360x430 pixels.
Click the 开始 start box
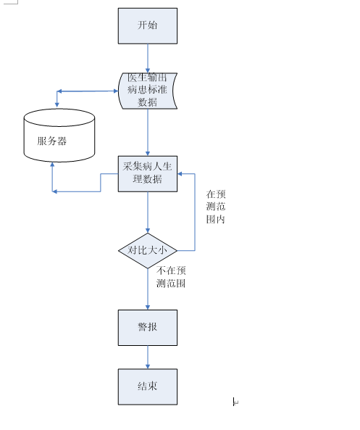tap(147, 26)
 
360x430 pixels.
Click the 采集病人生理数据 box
tap(147, 173)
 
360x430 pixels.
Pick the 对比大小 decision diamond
tap(147, 250)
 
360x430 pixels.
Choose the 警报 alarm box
tap(147, 327)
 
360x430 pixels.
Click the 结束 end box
tap(147, 386)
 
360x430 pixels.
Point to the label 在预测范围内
tap(216, 207)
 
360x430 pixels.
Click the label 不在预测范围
tap(171, 277)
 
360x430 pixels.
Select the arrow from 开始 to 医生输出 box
tap(147, 58)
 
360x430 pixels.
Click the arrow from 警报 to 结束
tap(147, 356)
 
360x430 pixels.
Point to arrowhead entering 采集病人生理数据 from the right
tap(181, 174)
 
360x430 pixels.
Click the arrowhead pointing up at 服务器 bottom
tap(52, 165)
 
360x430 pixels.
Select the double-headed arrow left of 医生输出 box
tap(87, 91)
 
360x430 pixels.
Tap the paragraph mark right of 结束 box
tap(235, 401)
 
